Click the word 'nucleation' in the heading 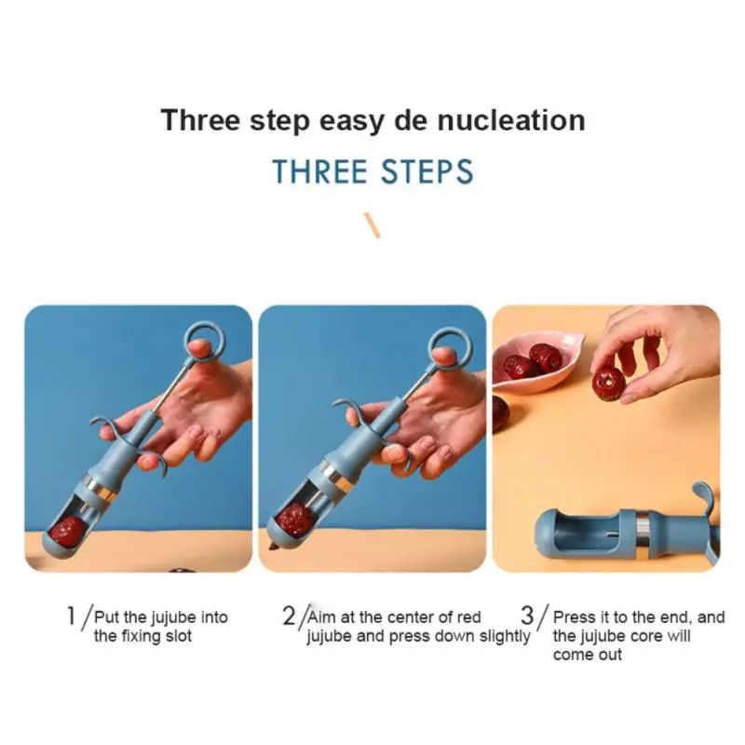click(x=511, y=120)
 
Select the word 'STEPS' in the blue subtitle click(x=427, y=171)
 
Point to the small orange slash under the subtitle click(x=372, y=224)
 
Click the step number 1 click(x=72, y=616)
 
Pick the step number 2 click(x=289, y=616)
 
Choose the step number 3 click(x=527, y=616)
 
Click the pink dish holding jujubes click(x=536, y=360)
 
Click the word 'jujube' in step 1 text click(x=173, y=617)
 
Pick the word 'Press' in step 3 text click(x=574, y=616)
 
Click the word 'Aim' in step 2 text click(x=321, y=616)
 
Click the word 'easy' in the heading click(x=351, y=122)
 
